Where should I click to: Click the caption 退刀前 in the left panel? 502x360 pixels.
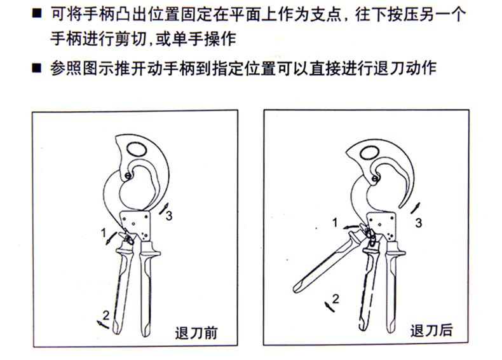pos(196,333)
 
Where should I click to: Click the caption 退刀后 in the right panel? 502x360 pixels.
pos(431,331)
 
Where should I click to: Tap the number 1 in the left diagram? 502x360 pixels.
pos(104,233)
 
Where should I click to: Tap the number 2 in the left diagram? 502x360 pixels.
pos(105,315)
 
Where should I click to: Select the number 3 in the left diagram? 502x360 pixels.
pos(169,216)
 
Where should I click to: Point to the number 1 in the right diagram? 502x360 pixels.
pos(335,222)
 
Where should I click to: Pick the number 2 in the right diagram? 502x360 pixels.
pos(336,299)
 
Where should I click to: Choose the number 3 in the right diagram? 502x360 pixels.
pos(419,223)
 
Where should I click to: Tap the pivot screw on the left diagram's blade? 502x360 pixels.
pos(128,176)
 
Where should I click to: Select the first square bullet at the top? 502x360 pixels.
pos(37,13)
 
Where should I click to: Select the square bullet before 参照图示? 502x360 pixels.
pos(37,67)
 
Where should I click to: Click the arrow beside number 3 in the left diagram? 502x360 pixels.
pos(163,209)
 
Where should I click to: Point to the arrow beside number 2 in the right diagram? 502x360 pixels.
pos(329,307)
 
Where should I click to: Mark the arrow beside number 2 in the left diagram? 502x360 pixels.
pos(103,324)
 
